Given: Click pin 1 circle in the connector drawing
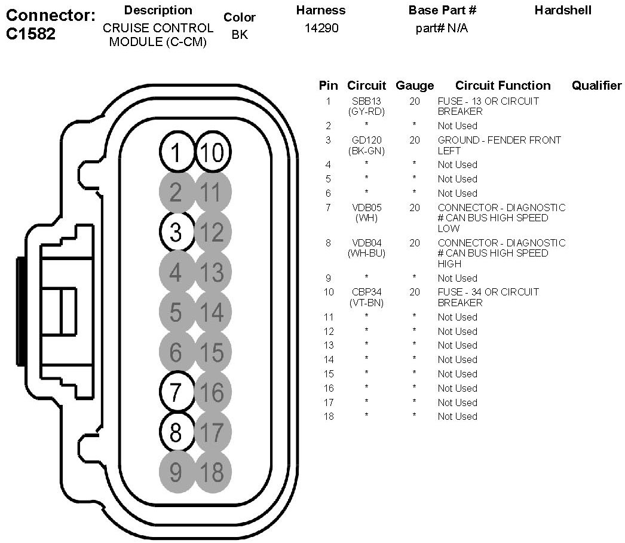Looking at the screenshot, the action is pyautogui.click(x=176, y=152).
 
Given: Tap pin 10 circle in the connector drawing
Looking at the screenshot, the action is pyautogui.click(x=213, y=152).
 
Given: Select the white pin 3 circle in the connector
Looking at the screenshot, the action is pyautogui.click(x=176, y=232).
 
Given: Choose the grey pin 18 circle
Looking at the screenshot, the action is pyautogui.click(x=213, y=472).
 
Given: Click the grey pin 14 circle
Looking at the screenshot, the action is pyautogui.click(x=213, y=312).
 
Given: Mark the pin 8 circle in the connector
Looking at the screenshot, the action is pyautogui.click(x=176, y=432).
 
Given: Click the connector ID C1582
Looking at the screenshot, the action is pyautogui.click(x=30, y=34).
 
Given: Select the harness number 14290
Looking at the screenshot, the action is pyautogui.click(x=321, y=28).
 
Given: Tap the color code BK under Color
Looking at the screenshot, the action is pyautogui.click(x=240, y=35).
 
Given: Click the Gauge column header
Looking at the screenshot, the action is pyautogui.click(x=415, y=86).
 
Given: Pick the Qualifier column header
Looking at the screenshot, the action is pyautogui.click(x=597, y=86).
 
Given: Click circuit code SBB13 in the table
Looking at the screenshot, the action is pyautogui.click(x=366, y=101).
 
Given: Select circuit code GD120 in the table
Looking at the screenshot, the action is pyautogui.click(x=367, y=140).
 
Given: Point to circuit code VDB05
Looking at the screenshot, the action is pyautogui.click(x=367, y=208).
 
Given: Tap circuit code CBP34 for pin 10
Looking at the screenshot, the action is pyautogui.click(x=367, y=292).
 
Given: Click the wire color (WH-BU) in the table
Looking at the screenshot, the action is pyautogui.click(x=367, y=254).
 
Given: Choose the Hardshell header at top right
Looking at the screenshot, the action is pyautogui.click(x=563, y=10).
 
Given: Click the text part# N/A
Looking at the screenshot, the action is pyautogui.click(x=442, y=28).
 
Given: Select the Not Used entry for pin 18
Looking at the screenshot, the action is pyautogui.click(x=457, y=417).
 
